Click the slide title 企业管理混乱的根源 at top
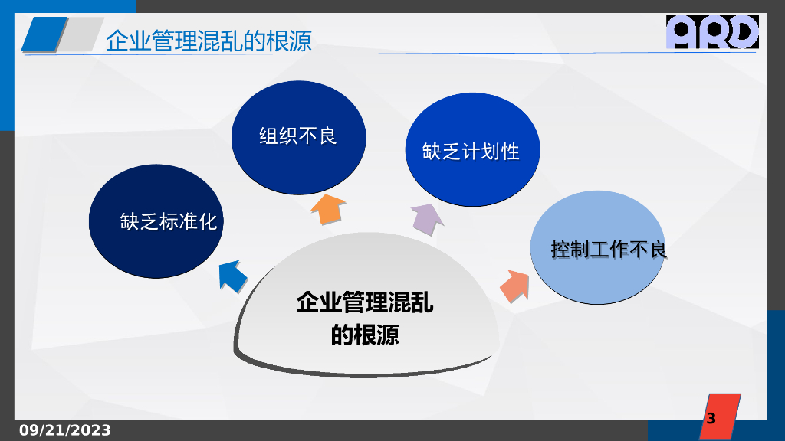(209, 40)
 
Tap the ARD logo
(712, 32)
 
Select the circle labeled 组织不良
(298, 136)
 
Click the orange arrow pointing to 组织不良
(327, 207)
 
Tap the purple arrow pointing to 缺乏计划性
(427, 219)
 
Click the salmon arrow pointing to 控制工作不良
(515, 286)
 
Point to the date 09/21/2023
(65, 430)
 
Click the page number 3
(711, 419)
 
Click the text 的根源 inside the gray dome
(365, 335)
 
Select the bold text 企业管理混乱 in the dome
(365, 303)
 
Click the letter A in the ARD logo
(682, 32)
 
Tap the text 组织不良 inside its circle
(298, 136)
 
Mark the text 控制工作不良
(609, 249)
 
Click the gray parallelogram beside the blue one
(79, 34)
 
